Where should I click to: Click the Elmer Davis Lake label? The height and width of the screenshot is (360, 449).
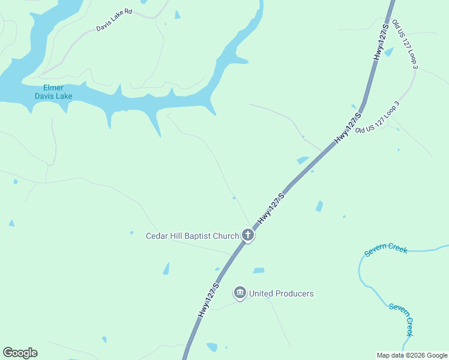[x=53, y=92]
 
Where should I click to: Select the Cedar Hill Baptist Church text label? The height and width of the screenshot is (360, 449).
[x=192, y=236]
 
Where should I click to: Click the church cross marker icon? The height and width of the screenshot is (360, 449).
[x=248, y=235]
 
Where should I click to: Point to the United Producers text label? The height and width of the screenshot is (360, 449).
[x=281, y=293]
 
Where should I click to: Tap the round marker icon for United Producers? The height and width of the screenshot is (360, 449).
[x=240, y=293]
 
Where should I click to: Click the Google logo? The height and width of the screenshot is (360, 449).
[x=20, y=353]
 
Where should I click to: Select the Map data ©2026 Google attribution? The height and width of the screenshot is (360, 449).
[x=411, y=355]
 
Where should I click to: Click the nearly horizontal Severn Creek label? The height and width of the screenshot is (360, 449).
[x=385, y=249]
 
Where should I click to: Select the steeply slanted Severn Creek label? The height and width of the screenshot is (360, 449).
[x=402, y=319]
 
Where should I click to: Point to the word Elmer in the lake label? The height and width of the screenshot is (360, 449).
[x=53, y=88]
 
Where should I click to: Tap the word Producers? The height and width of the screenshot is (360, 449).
[x=294, y=293]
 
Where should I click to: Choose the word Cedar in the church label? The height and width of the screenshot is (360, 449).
[x=157, y=236]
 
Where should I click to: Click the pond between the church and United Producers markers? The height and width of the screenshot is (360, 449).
[x=259, y=271]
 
